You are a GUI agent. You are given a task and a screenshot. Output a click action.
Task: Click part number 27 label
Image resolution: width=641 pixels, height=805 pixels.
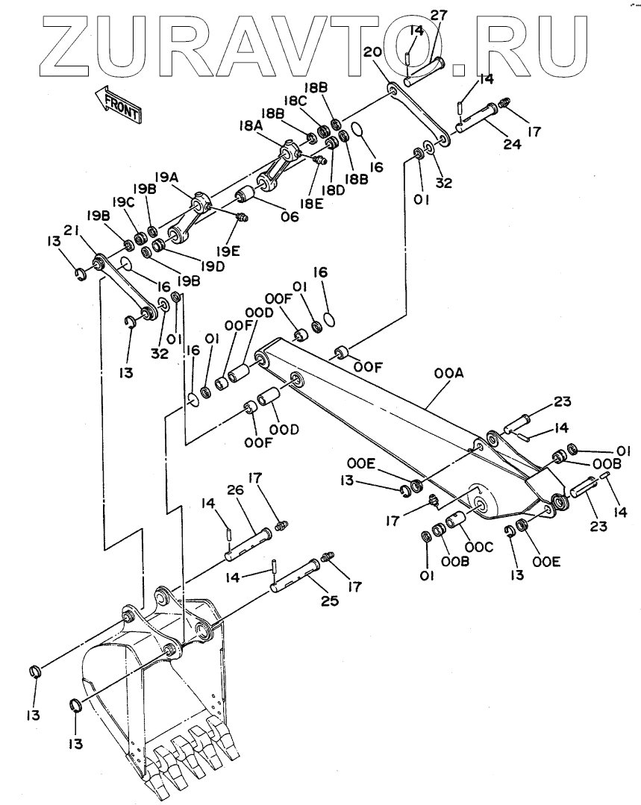[x=439, y=15]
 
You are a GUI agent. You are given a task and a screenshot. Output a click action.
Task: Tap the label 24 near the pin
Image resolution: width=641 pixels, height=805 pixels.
[x=512, y=143]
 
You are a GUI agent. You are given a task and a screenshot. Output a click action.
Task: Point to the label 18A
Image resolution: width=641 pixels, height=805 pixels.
[x=251, y=126]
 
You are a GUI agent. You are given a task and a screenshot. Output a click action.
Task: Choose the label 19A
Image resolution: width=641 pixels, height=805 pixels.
[x=166, y=178]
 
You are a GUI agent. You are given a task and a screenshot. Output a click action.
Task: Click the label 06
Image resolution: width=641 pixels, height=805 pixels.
[x=290, y=216]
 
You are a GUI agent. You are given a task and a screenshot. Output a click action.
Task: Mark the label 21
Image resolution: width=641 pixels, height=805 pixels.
[x=72, y=231]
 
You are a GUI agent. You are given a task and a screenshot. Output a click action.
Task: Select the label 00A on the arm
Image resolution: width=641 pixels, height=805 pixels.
[x=448, y=373]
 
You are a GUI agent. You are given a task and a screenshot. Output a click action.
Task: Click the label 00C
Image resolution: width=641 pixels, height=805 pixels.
[x=478, y=548]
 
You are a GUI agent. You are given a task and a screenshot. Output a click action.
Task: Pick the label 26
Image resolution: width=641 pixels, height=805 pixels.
[x=235, y=492]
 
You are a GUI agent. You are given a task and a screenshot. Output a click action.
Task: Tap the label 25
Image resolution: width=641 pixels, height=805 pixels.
[x=329, y=600]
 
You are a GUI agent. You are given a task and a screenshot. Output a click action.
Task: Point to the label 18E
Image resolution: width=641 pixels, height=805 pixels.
[x=311, y=204]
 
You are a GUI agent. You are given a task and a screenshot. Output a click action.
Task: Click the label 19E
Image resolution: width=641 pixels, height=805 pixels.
[x=228, y=251]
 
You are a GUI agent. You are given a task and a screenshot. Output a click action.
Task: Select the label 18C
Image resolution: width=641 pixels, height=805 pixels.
[x=295, y=101]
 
